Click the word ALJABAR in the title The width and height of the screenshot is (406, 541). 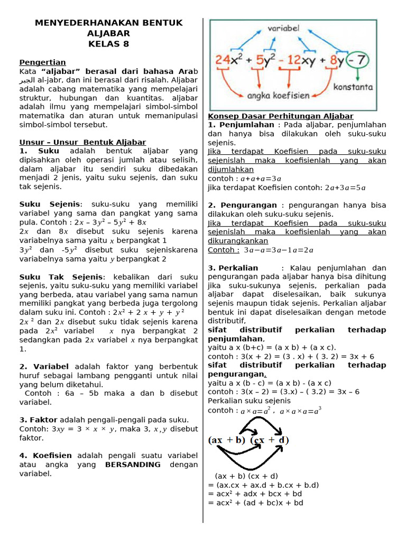coord(108,33)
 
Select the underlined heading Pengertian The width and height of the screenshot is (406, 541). coord(43,62)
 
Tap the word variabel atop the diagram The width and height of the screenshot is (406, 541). coord(283,27)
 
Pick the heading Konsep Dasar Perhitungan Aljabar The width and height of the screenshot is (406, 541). coord(281,116)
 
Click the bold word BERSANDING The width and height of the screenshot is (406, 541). coord(133,464)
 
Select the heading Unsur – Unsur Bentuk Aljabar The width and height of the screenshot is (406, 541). coord(82,142)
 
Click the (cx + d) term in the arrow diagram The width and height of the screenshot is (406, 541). coord(269,440)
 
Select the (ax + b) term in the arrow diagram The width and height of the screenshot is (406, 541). coord(227,440)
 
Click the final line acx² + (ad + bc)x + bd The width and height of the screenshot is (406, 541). coord(256,502)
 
